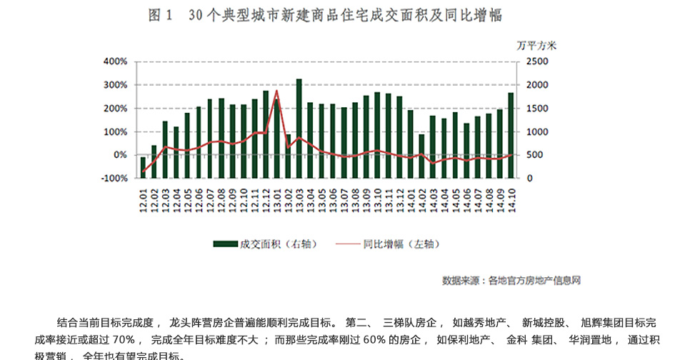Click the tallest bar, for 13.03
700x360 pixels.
pyautogui.click(x=299, y=129)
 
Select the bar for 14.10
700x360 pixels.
pyautogui.click(x=510, y=136)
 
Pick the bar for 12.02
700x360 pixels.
pyautogui.click(x=154, y=161)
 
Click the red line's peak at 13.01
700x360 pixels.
pyautogui.click(x=276, y=91)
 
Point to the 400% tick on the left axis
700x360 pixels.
pyautogui.click(x=115, y=61)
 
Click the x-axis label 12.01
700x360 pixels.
pyautogui.click(x=144, y=194)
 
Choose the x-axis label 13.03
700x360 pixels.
pyautogui.click(x=299, y=194)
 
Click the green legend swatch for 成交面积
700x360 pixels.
pyautogui.click(x=226, y=244)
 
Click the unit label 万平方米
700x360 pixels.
pyautogui.click(x=536, y=44)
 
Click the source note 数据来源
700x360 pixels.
pyautogui.click(x=461, y=280)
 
